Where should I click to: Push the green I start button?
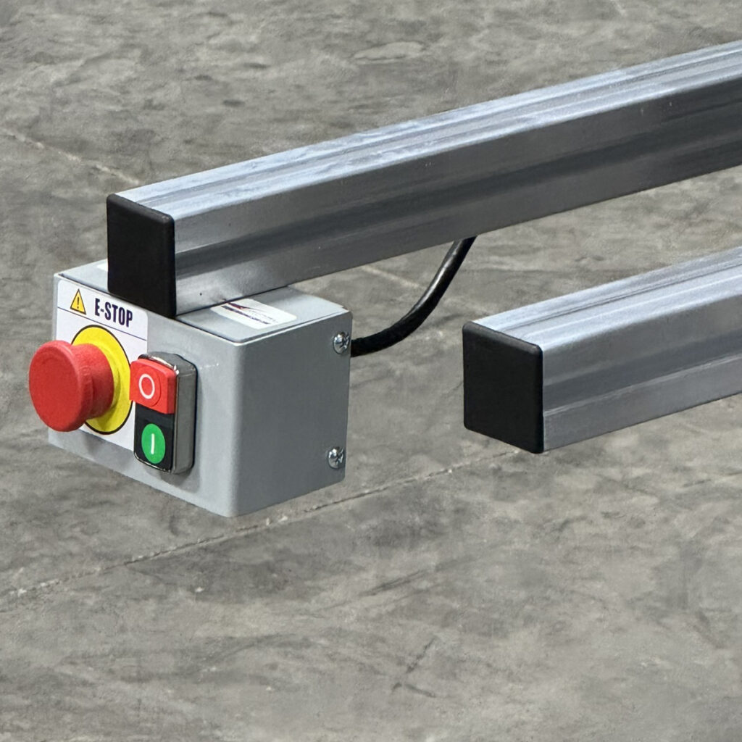pos(153,443)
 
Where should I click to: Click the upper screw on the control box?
pos(340,341)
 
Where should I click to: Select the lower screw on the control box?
pos(335,457)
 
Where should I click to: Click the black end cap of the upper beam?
pos(141,254)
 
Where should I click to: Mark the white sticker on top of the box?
pos(255,313)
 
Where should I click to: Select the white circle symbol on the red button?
pos(146,388)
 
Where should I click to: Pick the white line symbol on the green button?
pos(153,443)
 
